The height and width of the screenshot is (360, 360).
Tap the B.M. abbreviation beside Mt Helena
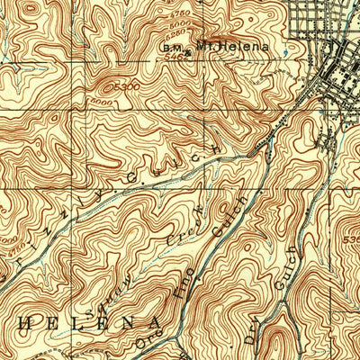[170, 48]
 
